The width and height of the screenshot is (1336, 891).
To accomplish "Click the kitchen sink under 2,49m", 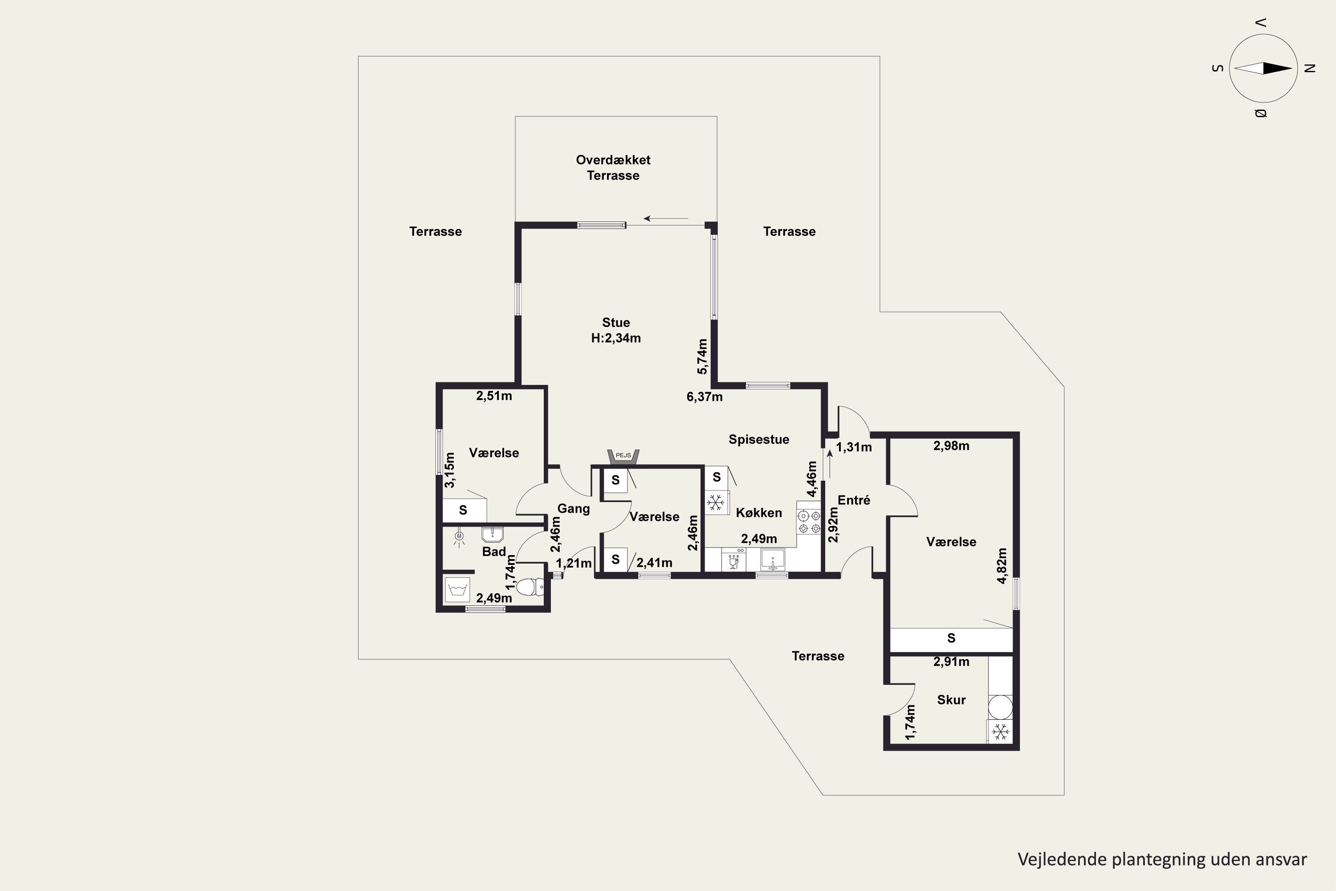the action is (x=773, y=560).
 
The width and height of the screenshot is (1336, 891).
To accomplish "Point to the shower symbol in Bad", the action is (x=459, y=536).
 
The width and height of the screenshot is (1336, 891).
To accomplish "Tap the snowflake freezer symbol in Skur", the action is (x=1000, y=732).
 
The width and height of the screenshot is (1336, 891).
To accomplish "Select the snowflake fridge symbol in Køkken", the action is (x=716, y=503).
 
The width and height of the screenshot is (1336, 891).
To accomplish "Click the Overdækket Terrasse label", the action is (x=614, y=168).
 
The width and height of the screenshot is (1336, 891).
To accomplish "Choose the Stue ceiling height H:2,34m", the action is (x=616, y=338).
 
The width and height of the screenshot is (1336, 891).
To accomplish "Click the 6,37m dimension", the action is (x=705, y=396).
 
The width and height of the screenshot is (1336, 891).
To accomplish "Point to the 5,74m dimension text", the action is (x=703, y=356).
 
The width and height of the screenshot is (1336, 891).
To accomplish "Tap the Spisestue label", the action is (x=759, y=439).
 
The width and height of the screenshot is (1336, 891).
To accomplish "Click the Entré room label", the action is (x=854, y=500).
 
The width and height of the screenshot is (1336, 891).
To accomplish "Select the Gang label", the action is (x=573, y=509).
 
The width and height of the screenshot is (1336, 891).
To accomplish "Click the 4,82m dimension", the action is (x=1002, y=565).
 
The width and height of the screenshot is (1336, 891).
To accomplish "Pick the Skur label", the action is (x=951, y=700).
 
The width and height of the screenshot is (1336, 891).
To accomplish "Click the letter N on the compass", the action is (x=1310, y=68).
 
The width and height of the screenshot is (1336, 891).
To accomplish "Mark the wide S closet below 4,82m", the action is (x=951, y=640).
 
